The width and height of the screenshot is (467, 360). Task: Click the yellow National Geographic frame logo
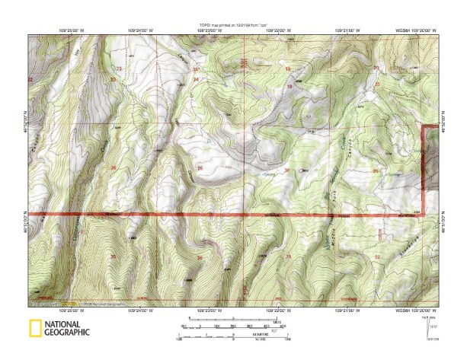pyautogui.click(x=34, y=329)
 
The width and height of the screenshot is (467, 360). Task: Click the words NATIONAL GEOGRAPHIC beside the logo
pyautogui.click(x=67, y=329)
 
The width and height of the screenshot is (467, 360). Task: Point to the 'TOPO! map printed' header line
pyautogui.click(x=232, y=26)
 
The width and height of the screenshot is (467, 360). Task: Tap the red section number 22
pyautogui.click(x=31, y=79)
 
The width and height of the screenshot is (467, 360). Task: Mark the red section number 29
pyautogui.click(x=376, y=170)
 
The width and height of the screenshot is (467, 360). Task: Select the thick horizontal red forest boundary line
pyautogui.click(x=229, y=215)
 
